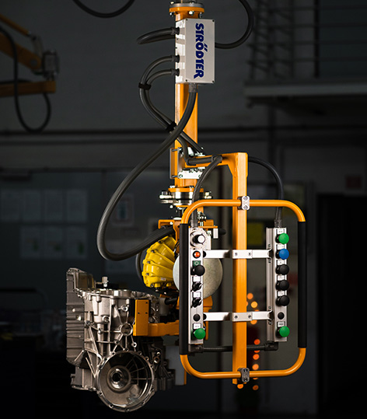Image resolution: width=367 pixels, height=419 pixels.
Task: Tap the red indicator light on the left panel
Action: [x=197, y=254]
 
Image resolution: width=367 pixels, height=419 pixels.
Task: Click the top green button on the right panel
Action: [x=283, y=239]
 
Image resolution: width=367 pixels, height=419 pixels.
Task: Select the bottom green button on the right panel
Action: [x=284, y=332]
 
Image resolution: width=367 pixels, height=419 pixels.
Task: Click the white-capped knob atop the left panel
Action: [x=199, y=239]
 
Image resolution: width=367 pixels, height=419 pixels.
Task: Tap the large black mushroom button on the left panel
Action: [x=198, y=271]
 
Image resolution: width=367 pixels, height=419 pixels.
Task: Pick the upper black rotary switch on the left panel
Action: [x=197, y=287]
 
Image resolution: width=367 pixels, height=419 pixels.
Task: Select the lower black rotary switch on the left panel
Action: [x=197, y=302]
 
